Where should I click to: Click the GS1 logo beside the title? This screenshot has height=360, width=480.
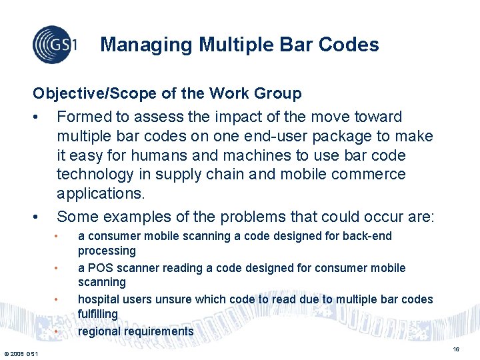point(55,45)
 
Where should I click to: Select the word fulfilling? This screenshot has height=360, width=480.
point(97,314)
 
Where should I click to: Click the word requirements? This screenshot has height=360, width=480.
point(157,331)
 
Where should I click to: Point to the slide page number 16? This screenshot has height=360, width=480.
point(456,349)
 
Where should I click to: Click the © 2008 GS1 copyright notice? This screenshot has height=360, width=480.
point(21,353)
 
